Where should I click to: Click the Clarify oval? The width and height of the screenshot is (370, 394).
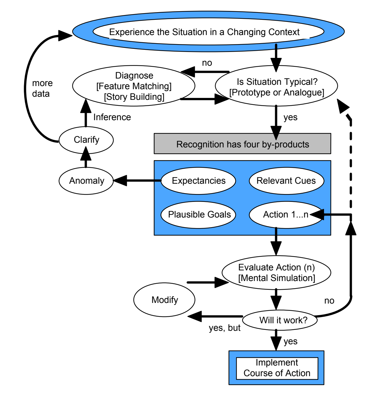pyautogui.click(x=86, y=140)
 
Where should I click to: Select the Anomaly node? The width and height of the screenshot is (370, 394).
pyautogui.click(x=86, y=181)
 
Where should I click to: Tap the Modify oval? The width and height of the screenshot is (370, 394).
pyautogui.click(x=164, y=299)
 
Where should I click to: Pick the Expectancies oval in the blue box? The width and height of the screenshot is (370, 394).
pyautogui.click(x=198, y=181)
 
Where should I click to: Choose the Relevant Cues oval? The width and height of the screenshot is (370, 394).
pyautogui.click(x=286, y=181)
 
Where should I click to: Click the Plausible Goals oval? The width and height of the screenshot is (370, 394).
pyautogui.click(x=198, y=215)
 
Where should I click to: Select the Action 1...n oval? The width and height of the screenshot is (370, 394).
pyautogui.click(x=286, y=215)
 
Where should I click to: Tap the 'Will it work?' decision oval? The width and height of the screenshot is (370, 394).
pyautogui.click(x=280, y=320)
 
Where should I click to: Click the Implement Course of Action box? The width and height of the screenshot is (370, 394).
pyautogui.click(x=276, y=368)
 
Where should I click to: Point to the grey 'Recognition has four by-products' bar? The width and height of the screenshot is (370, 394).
pyautogui.click(x=242, y=143)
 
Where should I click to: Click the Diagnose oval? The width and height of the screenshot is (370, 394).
pyautogui.click(x=134, y=86)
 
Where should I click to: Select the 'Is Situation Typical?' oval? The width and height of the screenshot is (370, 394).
pyautogui.click(x=276, y=86)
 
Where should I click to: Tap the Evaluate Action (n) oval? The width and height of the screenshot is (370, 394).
pyautogui.click(x=276, y=272)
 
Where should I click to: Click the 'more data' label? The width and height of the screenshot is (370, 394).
pyautogui.click(x=42, y=88)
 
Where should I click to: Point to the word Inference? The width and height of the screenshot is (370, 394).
pyautogui.click(x=112, y=117)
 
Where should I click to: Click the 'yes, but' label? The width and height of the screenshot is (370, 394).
pyautogui.click(x=224, y=328)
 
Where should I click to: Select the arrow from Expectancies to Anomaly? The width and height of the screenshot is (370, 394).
pyautogui.click(x=137, y=181)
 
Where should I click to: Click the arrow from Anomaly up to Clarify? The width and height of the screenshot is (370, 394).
pyautogui.click(x=86, y=157)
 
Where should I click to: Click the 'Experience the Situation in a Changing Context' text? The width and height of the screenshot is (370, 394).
pyautogui.click(x=204, y=32)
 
